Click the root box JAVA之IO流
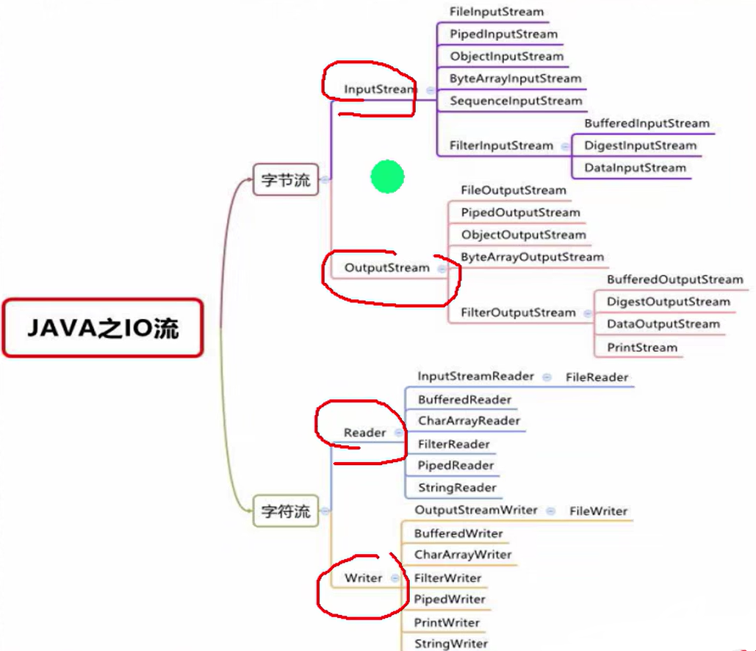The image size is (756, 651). (x=102, y=328)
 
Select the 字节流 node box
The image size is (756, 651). (x=286, y=179)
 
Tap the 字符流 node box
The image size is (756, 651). (x=286, y=511)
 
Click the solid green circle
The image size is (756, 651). (x=387, y=177)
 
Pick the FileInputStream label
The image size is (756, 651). (x=497, y=12)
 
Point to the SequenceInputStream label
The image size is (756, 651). (x=516, y=101)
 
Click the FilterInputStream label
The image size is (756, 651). (x=501, y=145)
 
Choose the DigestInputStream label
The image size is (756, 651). (x=640, y=145)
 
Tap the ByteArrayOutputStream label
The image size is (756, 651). (x=532, y=256)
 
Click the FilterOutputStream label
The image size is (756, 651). (x=518, y=312)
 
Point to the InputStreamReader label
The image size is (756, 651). (x=475, y=376)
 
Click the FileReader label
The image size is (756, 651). (x=597, y=377)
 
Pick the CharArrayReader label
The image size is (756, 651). (x=469, y=421)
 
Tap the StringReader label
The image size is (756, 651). (x=457, y=487)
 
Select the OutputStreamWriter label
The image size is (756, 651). (x=475, y=510)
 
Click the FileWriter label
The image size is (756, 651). (x=599, y=511)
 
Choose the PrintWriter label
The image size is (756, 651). (x=447, y=622)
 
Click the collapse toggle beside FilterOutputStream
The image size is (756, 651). (x=588, y=313)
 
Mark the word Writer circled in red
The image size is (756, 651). (x=363, y=578)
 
